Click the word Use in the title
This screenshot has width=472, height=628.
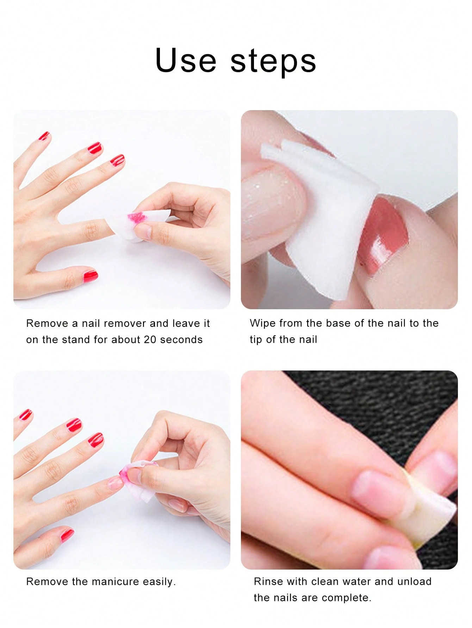click(x=185, y=61)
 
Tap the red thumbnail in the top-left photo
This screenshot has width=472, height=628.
click(x=90, y=275)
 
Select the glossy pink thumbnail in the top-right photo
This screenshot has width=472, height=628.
click(x=384, y=232)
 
